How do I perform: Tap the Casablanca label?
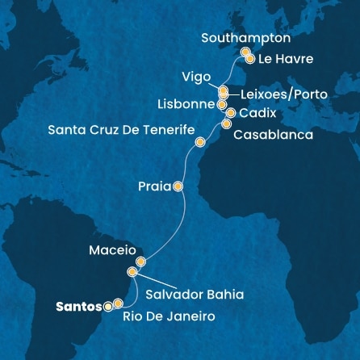click(273, 135)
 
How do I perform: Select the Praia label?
click(154, 186)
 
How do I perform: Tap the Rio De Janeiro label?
click(170, 317)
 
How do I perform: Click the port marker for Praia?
click(178, 186)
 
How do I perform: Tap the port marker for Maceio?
click(140, 262)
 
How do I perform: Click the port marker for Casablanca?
click(227, 124)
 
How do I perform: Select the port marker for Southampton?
click(244, 53)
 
